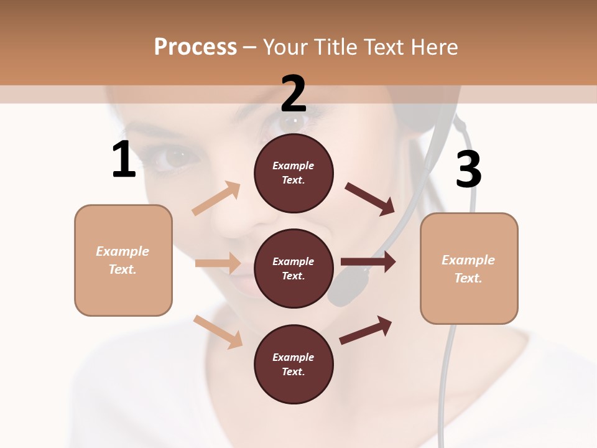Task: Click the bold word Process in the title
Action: pyautogui.click(x=195, y=47)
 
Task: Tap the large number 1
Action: pyautogui.click(x=124, y=159)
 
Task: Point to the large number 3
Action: pyautogui.click(x=468, y=169)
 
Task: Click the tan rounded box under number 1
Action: pyautogui.click(x=123, y=260)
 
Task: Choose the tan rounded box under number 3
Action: pyautogui.click(x=469, y=268)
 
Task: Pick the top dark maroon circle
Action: pyautogui.click(x=294, y=173)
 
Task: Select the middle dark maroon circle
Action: pyautogui.click(x=294, y=268)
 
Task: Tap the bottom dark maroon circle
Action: pyautogui.click(x=294, y=364)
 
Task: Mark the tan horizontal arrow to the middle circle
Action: pyautogui.click(x=218, y=263)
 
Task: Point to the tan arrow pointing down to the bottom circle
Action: pyautogui.click(x=218, y=331)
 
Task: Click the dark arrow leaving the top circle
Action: pyautogui.click(x=369, y=198)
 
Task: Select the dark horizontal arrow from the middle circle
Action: pyautogui.click(x=368, y=262)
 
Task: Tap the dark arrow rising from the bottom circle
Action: pyautogui.click(x=366, y=330)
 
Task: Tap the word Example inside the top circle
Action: pyautogui.click(x=294, y=166)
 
